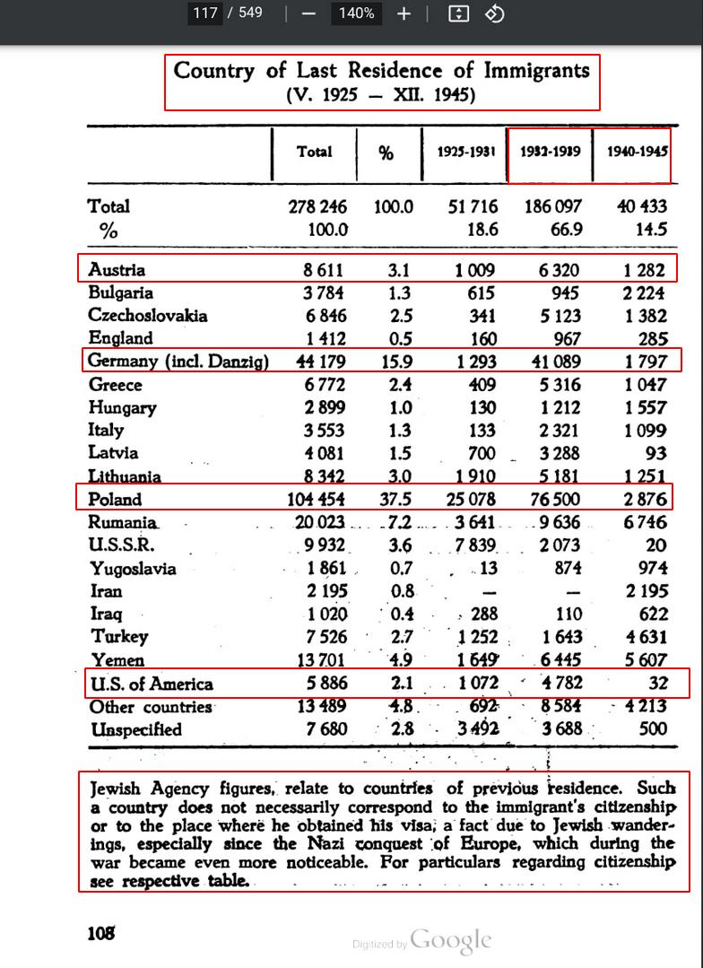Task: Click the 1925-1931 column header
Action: (x=466, y=152)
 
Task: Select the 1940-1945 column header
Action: (x=638, y=152)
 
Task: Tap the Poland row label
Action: (x=115, y=500)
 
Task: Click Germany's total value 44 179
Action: (x=317, y=362)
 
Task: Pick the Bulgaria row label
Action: (x=121, y=292)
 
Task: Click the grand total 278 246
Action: (x=317, y=206)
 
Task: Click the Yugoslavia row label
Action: (x=133, y=569)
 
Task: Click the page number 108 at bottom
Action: (x=101, y=933)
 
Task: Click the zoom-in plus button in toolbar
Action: (x=404, y=13)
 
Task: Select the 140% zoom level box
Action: (x=356, y=13)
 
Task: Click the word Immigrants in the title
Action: (x=537, y=70)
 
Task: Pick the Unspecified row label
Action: (x=135, y=729)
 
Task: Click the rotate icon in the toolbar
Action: (x=494, y=13)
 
